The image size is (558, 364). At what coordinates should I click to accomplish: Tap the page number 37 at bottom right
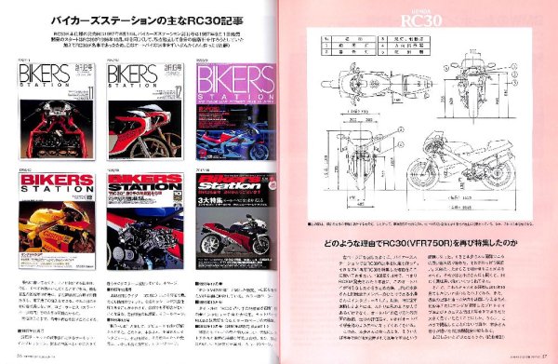[x=546, y=355]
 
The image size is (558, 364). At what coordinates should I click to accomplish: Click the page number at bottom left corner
[x=19, y=355]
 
